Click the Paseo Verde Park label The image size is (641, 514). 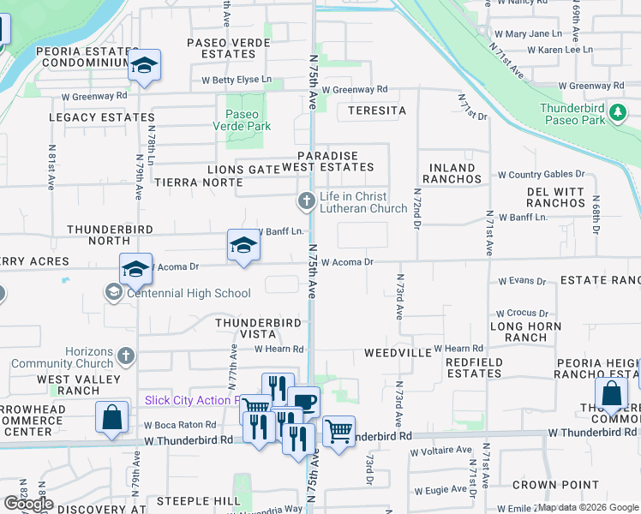coord(248,120)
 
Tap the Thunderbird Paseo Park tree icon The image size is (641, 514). coord(616,113)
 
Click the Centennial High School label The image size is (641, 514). coord(189,294)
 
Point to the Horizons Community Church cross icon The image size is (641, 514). coord(126,355)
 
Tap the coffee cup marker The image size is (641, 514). coord(303,400)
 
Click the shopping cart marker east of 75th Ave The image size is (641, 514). coord(339,430)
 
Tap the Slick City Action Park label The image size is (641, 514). coord(192,400)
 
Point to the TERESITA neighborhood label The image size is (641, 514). coord(377,111)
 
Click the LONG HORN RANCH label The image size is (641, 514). coord(525,332)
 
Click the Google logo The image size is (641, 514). coord(29,504)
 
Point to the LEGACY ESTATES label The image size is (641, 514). coord(102,117)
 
